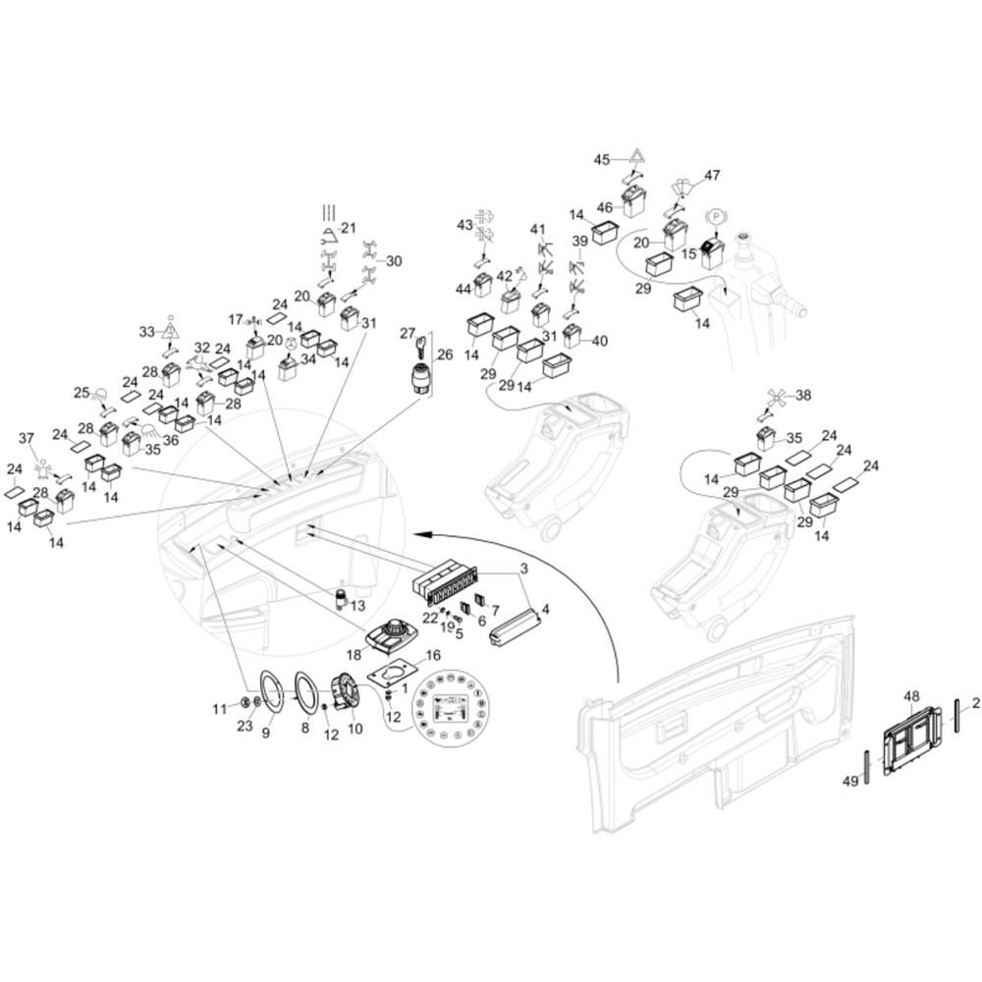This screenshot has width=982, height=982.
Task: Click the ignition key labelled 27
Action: pos(422,346)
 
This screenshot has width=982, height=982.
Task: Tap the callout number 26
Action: pos(445,355)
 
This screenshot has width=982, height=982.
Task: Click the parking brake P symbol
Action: pos(715,218)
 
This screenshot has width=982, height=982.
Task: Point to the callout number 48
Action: pos(912,696)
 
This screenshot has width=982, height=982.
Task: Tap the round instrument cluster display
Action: pos(451,708)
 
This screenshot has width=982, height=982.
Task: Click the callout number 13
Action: pos(357,606)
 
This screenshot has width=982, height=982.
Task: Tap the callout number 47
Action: pos(712,175)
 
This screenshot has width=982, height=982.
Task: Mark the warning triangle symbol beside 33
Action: pos(169,326)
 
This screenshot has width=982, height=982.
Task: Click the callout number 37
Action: pos(27,438)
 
